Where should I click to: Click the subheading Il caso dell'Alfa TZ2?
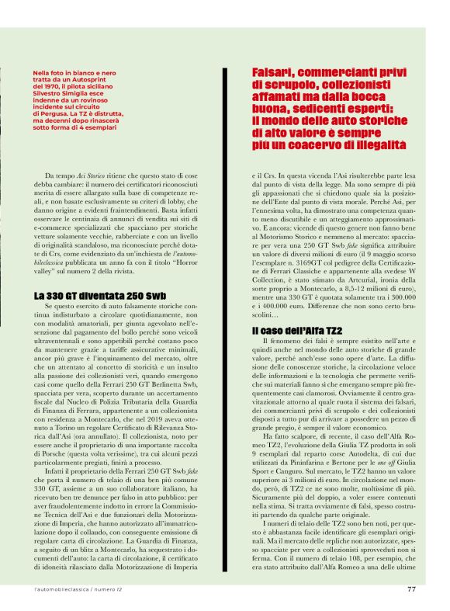(290, 331)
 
